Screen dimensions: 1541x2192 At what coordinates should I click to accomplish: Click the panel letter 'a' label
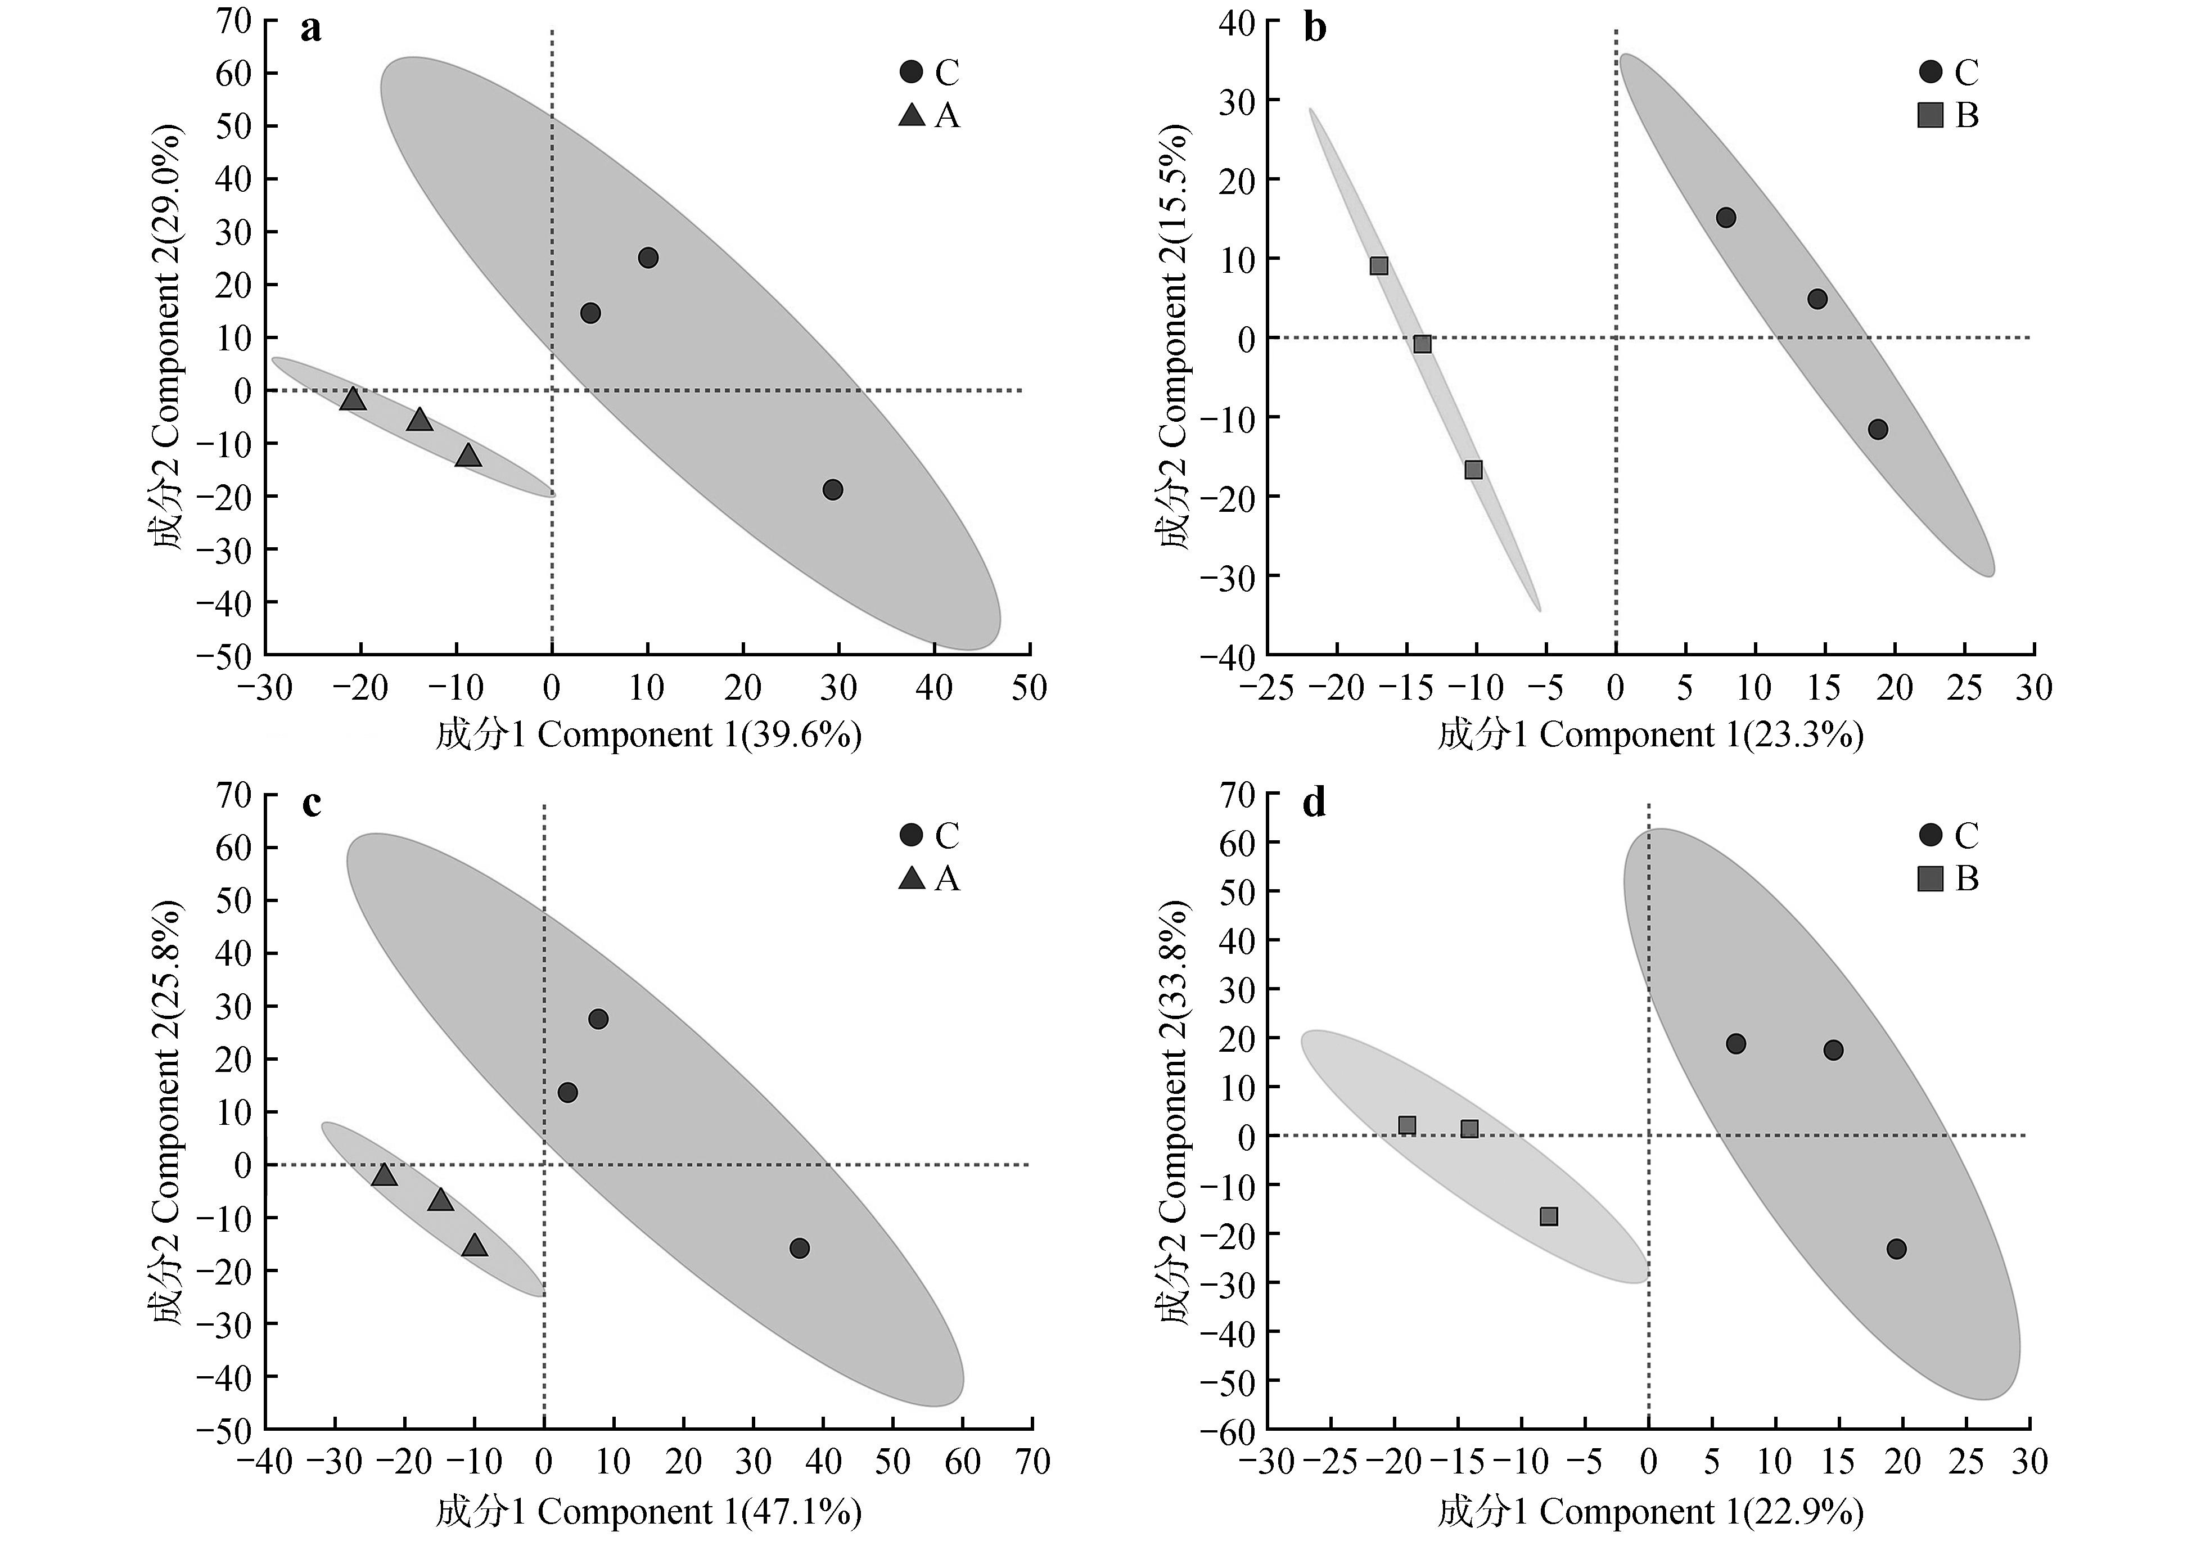coord(310,30)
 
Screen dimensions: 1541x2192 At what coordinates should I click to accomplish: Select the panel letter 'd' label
coord(1315,803)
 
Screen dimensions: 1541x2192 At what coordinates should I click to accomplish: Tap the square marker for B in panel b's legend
coord(1931,115)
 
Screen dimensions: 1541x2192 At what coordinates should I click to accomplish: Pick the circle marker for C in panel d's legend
coord(1931,835)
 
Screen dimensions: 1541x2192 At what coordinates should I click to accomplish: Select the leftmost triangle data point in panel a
coord(353,398)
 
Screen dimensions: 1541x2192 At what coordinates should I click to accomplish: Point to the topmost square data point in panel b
coord(1379,265)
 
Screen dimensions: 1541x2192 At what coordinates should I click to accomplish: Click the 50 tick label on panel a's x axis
coord(1029,687)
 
